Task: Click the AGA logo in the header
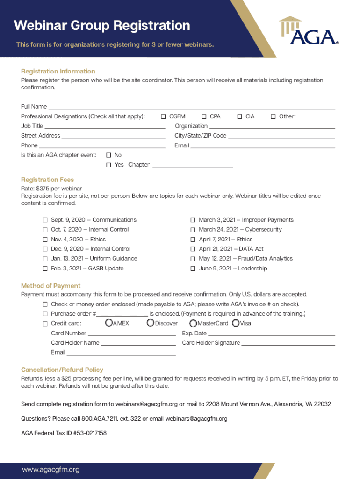point(309,31)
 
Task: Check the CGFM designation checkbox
point(164,116)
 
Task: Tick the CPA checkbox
point(204,116)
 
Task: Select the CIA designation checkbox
point(240,116)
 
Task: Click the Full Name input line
point(192,107)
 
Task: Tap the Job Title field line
point(105,126)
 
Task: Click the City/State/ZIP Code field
point(281,136)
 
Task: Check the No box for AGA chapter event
point(108,155)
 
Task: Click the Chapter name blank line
point(193,165)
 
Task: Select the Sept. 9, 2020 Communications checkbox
point(45,220)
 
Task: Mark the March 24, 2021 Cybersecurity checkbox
point(193,230)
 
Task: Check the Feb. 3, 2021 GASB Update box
point(45,269)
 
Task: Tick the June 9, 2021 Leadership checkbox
point(193,269)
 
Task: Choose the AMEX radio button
point(109,323)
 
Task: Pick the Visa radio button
point(236,323)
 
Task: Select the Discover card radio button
point(151,323)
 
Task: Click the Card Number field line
point(132,334)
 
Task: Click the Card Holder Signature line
point(288,343)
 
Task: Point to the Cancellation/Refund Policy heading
point(62,370)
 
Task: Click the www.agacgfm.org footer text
point(51,470)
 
